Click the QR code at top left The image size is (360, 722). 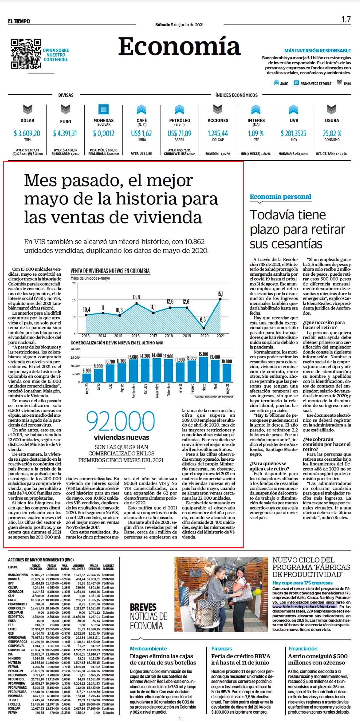click(x=26, y=54)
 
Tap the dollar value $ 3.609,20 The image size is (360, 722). click(x=27, y=133)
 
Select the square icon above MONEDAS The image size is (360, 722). click(x=104, y=109)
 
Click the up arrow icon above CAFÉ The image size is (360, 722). click(x=141, y=110)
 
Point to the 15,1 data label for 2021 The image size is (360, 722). click(x=220, y=294)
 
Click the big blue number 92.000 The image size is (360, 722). click(x=121, y=421)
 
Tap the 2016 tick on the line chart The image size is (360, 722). click(x=136, y=336)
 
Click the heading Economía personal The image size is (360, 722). click(x=280, y=197)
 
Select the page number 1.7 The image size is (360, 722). click(x=346, y=19)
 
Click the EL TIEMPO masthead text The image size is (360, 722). click(x=19, y=21)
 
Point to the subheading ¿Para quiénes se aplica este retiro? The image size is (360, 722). click(x=269, y=466)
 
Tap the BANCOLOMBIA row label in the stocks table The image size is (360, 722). click(x=18, y=575)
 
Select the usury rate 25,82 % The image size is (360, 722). click(x=332, y=133)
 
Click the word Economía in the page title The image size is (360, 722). click(x=180, y=46)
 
